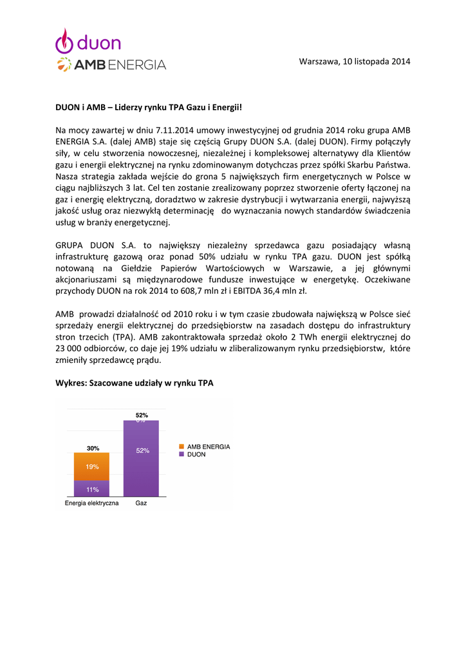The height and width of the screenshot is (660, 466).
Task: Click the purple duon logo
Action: click(x=88, y=42)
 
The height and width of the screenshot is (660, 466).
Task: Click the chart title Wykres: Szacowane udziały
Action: click(x=134, y=383)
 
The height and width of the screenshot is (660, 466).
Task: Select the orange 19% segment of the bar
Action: click(x=91, y=467)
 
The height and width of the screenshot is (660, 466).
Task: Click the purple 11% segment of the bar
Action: click(x=91, y=490)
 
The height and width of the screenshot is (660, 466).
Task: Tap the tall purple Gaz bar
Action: click(x=141, y=459)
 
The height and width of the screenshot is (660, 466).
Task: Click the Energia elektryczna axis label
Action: click(x=91, y=503)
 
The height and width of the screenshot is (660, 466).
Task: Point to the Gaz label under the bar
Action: click(x=141, y=503)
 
